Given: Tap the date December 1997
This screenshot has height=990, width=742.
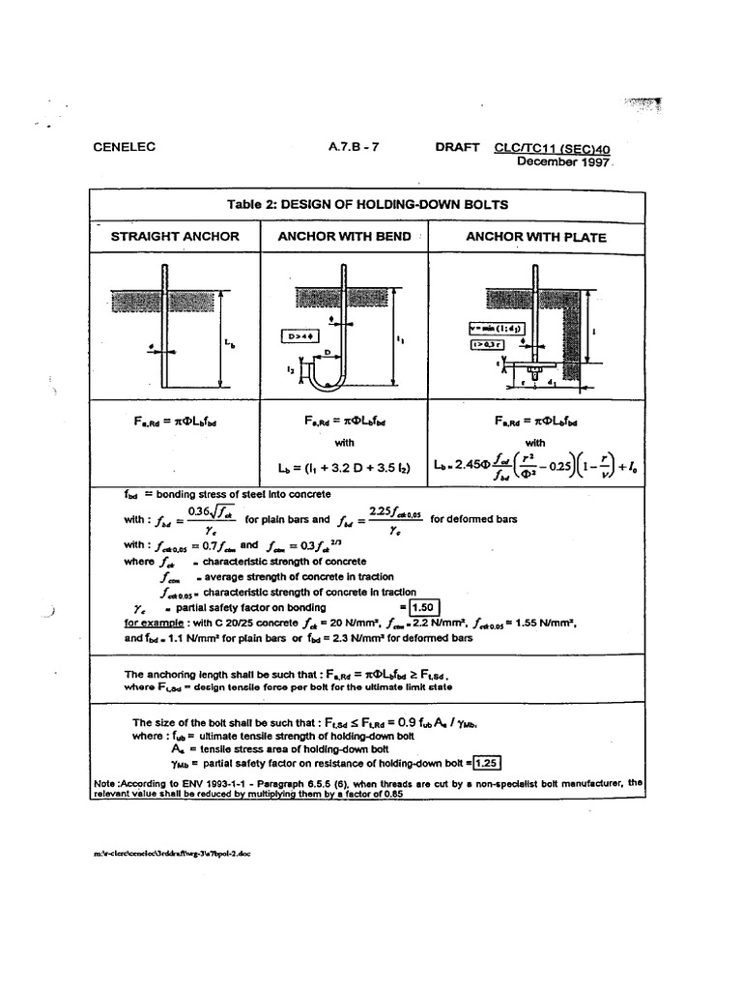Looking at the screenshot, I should [564, 161].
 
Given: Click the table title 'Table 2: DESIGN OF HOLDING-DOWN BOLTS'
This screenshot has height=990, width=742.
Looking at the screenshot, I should [367, 204].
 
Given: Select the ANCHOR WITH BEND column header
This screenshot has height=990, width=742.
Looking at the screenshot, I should [344, 236].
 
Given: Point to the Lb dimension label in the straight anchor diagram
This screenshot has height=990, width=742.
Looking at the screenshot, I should [229, 341].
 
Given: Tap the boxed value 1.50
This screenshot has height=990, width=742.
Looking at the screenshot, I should [423, 607].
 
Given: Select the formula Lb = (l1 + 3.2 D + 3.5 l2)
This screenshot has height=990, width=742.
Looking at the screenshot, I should [345, 469].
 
